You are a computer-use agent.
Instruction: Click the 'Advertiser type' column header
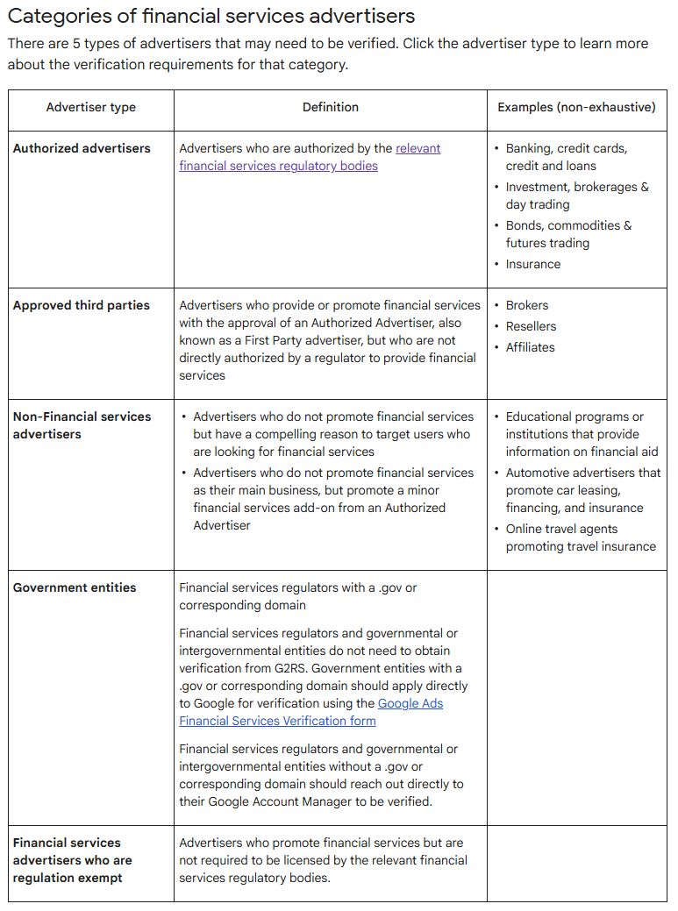point(90,107)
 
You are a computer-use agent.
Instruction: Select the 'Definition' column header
point(330,107)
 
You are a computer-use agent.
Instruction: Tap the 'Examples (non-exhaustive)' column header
point(576,107)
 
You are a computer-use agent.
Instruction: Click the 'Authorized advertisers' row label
point(82,148)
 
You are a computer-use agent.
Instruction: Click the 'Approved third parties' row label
point(81,305)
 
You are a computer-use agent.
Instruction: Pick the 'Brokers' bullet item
point(526,305)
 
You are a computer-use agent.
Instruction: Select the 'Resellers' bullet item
point(531,326)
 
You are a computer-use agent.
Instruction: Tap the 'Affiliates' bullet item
point(530,347)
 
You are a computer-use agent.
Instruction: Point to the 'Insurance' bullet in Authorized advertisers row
point(532,264)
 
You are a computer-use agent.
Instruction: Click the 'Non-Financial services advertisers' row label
point(82,425)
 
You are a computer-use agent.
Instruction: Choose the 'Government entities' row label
point(75,587)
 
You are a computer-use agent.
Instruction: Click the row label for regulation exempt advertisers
point(72,860)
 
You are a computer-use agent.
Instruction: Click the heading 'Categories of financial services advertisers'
point(211,16)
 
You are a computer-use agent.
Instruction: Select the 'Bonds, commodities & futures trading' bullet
point(567,234)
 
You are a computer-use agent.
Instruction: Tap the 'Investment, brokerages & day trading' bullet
point(576,196)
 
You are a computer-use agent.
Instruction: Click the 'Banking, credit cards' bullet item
point(566,157)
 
